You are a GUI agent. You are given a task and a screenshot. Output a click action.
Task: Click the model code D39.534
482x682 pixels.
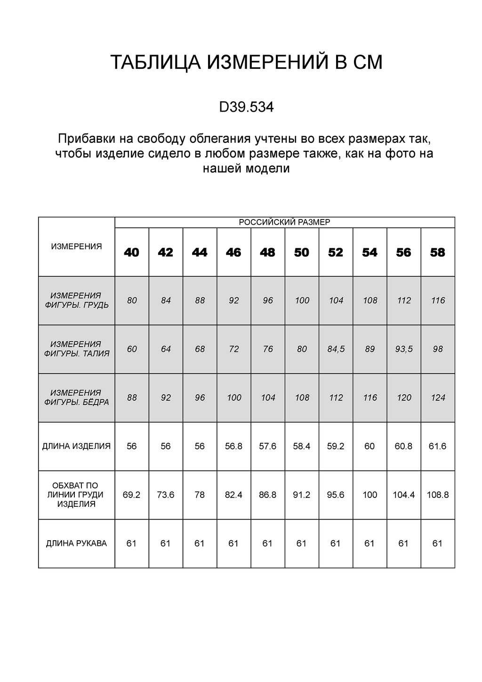246,108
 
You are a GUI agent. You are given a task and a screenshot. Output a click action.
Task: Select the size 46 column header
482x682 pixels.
233,252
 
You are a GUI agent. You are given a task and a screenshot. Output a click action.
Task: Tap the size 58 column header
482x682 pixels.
437,252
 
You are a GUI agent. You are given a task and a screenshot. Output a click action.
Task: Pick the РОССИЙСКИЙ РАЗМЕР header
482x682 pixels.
285,222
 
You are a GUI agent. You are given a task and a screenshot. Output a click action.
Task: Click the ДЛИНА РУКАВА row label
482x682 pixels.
76,544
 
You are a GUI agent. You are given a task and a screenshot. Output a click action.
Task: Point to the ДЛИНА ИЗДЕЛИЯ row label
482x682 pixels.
76,446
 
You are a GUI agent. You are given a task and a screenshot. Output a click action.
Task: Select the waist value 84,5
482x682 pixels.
336,349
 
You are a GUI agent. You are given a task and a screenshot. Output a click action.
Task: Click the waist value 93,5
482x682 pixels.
403,349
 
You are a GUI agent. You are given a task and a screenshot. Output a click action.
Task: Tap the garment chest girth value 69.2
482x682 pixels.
132,495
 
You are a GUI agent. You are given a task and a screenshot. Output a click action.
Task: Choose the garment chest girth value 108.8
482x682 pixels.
437,495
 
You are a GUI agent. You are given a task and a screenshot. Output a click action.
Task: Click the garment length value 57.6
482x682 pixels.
267,446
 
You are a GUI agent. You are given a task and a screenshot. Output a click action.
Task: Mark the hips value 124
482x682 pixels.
438,398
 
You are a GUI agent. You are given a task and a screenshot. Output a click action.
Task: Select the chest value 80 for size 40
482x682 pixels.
132,300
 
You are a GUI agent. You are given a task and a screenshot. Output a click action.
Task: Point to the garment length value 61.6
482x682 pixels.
437,446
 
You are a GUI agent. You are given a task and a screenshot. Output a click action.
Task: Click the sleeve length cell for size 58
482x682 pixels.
437,544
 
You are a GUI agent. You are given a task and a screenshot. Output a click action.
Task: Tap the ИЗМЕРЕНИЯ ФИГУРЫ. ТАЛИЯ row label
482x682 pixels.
76,349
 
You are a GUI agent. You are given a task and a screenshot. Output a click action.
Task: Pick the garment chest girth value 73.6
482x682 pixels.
166,495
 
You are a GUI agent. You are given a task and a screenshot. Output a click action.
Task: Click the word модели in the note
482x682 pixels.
269,169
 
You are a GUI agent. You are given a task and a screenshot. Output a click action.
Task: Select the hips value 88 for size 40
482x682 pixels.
132,398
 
